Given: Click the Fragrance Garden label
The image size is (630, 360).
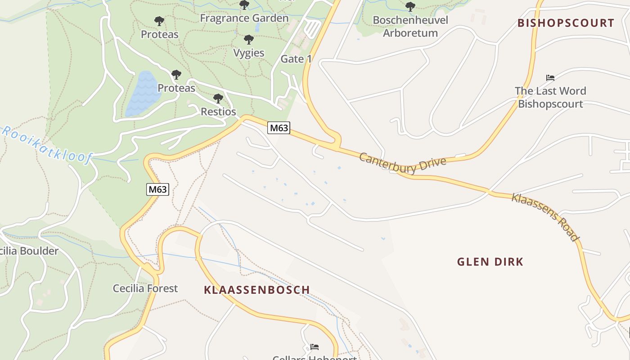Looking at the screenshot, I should (x=244, y=18).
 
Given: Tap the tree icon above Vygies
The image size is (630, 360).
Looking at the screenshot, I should (x=248, y=40).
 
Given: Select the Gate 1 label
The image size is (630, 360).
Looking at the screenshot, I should (x=296, y=59).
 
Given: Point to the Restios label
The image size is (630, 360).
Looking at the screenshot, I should (x=218, y=112).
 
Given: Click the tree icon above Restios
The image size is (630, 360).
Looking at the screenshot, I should (x=218, y=98).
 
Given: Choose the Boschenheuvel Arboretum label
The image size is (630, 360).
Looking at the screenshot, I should (x=410, y=27).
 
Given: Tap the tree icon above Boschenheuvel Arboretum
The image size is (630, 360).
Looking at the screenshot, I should (x=410, y=7).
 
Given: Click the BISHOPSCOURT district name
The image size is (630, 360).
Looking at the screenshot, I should (x=566, y=23).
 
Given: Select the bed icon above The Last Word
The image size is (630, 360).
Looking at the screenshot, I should (x=550, y=77).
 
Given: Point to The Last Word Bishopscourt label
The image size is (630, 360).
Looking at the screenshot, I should (x=550, y=97).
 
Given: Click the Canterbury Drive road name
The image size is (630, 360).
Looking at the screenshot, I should (x=403, y=162).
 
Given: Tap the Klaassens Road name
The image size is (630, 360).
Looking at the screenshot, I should (x=544, y=217).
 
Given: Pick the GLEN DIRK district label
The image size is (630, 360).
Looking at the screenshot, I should (x=490, y=262).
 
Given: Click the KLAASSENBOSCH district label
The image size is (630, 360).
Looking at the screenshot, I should (x=257, y=290).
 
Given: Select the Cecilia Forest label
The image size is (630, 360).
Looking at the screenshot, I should (x=145, y=288).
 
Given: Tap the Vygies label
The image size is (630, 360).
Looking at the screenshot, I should (x=248, y=53).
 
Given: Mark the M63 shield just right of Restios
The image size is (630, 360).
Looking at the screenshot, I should (x=279, y=128).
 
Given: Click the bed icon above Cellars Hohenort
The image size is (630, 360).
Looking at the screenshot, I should (x=315, y=347).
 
